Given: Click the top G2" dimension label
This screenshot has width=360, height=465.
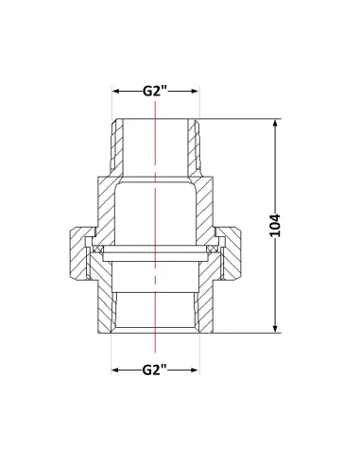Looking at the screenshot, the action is tap(154, 91).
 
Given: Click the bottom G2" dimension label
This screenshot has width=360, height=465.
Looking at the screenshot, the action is tap(154, 370).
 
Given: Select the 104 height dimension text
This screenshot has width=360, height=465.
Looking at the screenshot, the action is tap(275, 226).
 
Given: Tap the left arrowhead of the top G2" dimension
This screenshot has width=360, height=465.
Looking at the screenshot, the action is tap(115, 91).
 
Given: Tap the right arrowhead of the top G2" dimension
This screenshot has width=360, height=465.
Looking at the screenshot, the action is tap(195, 91).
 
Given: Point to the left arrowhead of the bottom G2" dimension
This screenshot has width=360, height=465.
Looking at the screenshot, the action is tap(115, 370).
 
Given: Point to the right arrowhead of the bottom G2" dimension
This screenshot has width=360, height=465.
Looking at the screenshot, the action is tap(195, 370).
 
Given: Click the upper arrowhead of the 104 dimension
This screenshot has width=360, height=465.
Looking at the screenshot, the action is tap(276, 123).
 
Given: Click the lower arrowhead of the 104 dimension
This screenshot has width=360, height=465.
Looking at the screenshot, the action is tap(276, 329).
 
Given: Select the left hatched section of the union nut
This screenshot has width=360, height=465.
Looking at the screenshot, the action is tap(77, 253).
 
